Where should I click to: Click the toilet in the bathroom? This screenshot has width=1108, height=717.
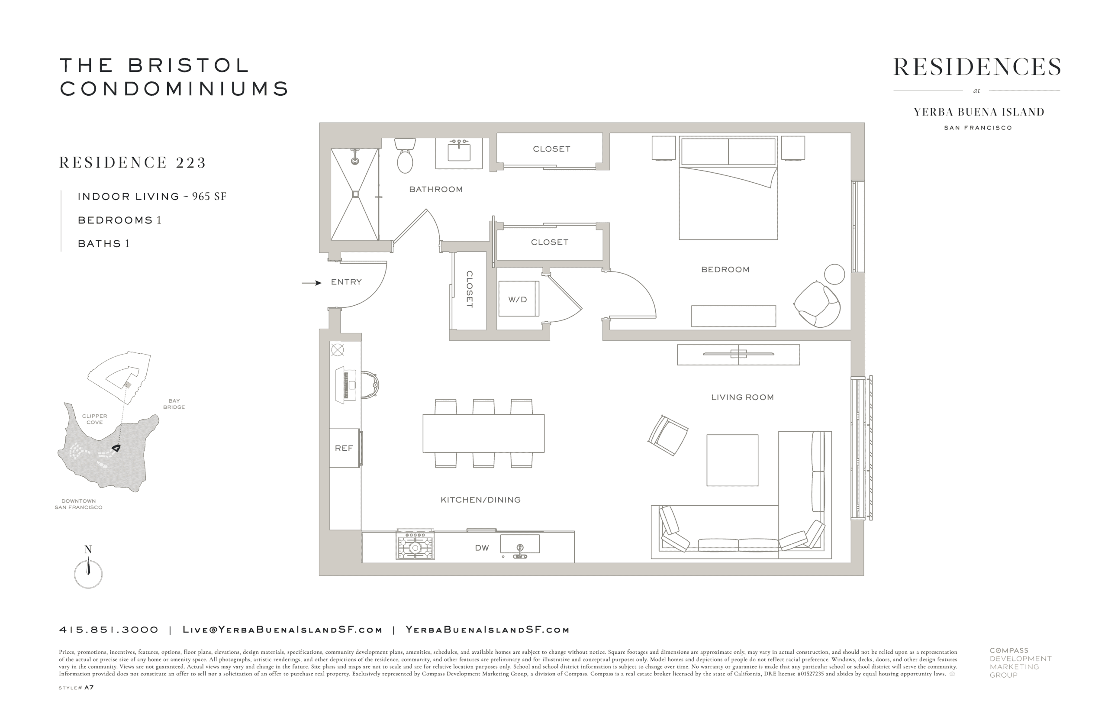point(405,155)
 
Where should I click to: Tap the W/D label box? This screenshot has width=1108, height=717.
point(518,299)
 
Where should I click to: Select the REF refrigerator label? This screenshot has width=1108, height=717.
point(344,448)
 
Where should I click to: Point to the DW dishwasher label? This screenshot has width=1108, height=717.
point(482,548)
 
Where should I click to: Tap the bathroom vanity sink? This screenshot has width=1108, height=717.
point(459,150)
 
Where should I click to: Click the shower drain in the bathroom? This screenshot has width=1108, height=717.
point(355,194)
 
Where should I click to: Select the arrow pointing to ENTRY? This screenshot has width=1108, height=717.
point(311,283)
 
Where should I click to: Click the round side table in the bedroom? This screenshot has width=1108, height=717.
point(834,274)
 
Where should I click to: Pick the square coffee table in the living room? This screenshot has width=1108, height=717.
point(732,460)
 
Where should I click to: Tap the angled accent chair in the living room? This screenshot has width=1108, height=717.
point(668,435)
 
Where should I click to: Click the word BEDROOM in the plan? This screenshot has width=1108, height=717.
point(725,270)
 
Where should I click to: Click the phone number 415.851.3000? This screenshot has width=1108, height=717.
point(109,630)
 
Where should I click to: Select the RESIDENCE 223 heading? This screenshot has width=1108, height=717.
point(132,162)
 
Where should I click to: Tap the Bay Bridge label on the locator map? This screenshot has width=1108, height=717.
point(174,404)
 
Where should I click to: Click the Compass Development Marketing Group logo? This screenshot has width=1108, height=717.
point(1020,662)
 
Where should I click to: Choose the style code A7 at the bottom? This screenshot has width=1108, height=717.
point(89,688)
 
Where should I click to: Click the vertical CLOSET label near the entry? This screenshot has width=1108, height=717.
point(469,289)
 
